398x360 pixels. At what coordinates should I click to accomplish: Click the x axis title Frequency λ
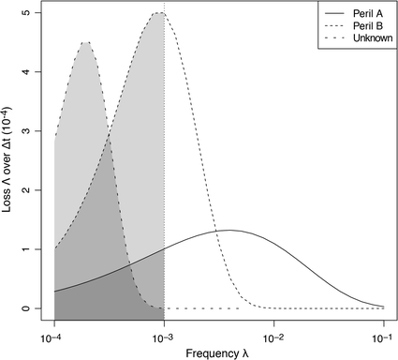coord(218,352)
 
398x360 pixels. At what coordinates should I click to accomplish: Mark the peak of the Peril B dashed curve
coord(157,12)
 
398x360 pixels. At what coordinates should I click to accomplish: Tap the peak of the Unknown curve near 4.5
coord(86,42)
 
